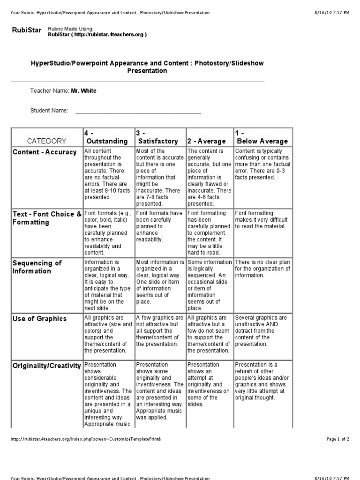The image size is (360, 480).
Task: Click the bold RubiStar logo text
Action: [x=26, y=30]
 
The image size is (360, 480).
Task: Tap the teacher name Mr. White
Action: [x=83, y=91]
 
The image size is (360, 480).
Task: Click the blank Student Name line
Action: [x=138, y=111]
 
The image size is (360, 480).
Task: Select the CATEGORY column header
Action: [x=46, y=141]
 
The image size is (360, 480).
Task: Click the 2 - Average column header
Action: [x=206, y=141]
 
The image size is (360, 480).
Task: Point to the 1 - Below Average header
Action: [x=262, y=137]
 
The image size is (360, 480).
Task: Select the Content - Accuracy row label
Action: [x=45, y=152]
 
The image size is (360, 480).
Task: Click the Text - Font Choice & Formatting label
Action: [x=46, y=218]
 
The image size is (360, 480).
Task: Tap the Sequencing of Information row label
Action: [x=37, y=267]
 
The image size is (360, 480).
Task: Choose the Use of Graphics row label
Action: [x=39, y=319]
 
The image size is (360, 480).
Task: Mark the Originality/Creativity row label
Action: [x=46, y=365]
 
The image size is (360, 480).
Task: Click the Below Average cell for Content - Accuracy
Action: [x=262, y=165]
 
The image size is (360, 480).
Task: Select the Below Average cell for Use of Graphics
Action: [x=262, y=330]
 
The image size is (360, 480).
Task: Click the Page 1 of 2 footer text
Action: [x=337, y=439]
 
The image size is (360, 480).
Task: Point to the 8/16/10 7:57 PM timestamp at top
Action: [x=335, y=13]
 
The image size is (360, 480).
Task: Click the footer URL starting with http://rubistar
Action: [x=87, y=439]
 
